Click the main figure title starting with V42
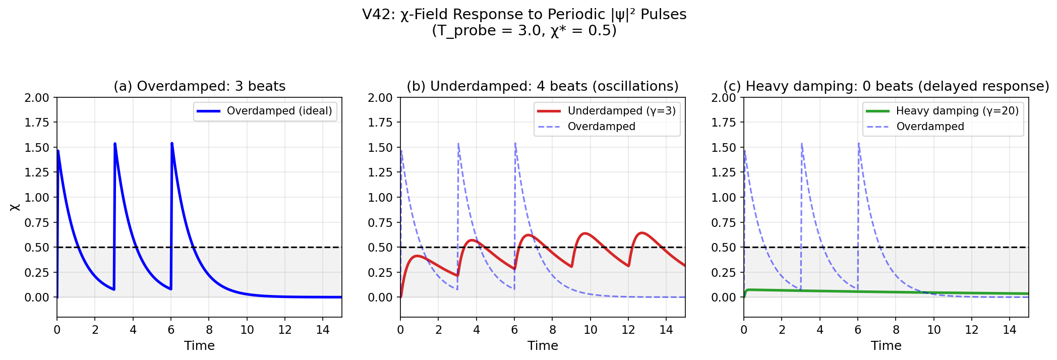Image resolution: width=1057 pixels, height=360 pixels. point(524,22)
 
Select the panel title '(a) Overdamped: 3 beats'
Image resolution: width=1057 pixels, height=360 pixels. point(199,86)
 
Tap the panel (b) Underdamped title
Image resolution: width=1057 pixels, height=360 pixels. point(543,86)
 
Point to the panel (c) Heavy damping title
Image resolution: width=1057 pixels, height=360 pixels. point(886,86)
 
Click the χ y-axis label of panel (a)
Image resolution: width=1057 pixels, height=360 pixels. point(15,207)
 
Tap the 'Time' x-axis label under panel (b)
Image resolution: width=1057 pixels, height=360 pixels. point(543,345)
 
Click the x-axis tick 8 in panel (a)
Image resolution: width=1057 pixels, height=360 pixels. point(209,330)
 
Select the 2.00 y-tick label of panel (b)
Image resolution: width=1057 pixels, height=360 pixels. point(380,98)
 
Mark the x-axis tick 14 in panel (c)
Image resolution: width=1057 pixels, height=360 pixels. point(1010,330)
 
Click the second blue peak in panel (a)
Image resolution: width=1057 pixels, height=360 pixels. point(115,144)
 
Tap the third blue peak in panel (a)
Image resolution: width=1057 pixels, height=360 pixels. point(172,144)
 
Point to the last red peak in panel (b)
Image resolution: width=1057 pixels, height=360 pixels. point(641,233)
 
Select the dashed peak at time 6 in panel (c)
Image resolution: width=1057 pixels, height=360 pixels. point(858,144)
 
